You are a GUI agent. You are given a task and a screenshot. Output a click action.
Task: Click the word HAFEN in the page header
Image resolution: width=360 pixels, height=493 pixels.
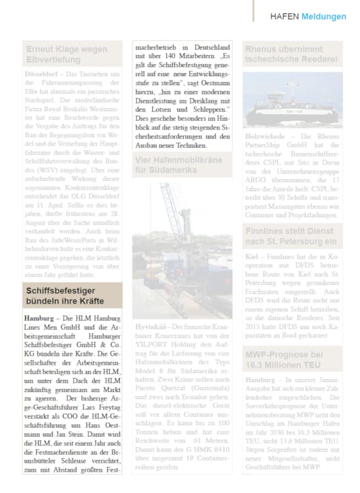[x=284, y=16]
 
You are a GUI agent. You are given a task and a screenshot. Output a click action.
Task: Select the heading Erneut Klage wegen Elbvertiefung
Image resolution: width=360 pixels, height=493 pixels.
[x=67, y=54]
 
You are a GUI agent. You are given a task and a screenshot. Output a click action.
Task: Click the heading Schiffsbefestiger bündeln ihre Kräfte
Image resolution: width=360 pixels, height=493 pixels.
[x=65, y=296]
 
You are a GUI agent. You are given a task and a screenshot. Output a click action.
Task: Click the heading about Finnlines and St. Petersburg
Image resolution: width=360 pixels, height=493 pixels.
[x=289, y=237]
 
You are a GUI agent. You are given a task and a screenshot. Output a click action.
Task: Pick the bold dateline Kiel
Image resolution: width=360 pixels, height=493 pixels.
[x=252, y=256]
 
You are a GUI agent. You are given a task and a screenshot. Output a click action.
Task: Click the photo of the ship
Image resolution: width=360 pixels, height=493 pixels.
[x=292, y=100]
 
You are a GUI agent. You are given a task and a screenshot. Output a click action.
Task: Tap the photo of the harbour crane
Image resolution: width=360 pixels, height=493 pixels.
[x=182, y=248]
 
